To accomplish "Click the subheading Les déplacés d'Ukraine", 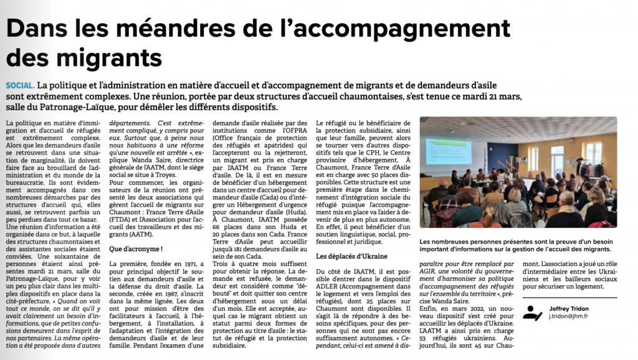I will [351, 256].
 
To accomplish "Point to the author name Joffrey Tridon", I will [570, 308].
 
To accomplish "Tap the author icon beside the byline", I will [533, 312].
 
